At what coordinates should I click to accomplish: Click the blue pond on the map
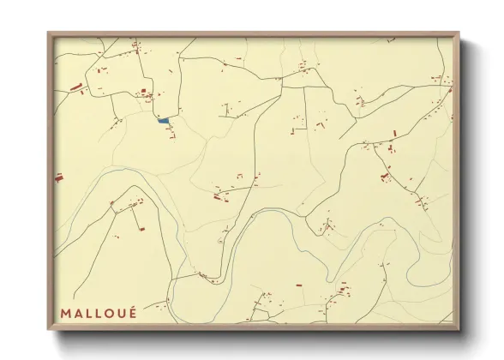click(163, 121)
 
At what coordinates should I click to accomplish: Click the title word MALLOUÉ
click(98, 312)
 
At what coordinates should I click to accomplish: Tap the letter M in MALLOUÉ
click(65, 312)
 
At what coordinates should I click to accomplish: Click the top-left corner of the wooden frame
click(48, 33)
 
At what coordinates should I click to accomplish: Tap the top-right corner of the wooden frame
click(459, 33)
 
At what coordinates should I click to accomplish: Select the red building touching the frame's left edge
click(59, 177)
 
